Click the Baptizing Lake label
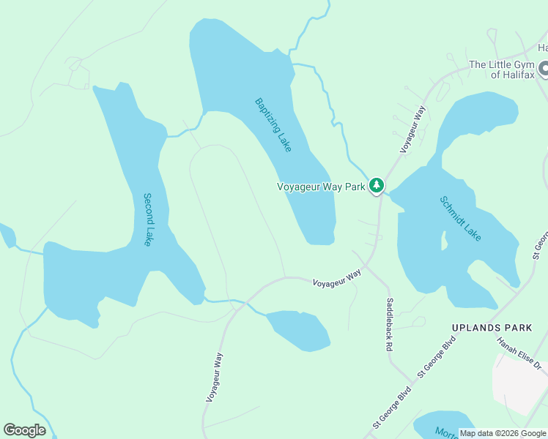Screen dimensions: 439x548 click(x=273, y=125)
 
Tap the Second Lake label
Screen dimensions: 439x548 click(x=148, y=219)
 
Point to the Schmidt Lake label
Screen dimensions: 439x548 click(x=460, y=218)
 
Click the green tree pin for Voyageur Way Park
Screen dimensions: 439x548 click(x=377, y=185)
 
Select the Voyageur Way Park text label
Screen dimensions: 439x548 click(x=321, y=187)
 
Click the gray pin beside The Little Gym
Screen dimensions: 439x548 click(x=544, y=70)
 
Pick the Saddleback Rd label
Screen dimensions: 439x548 click(x=390, y=325)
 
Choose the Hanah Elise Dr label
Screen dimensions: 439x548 click(x=518, y=353)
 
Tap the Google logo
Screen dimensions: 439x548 click(x=24, y=430)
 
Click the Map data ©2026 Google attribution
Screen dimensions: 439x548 click(x=503, y=433)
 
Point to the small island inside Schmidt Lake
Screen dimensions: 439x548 click(x=444, y=241)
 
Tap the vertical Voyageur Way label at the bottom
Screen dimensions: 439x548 click(x=214, y=376)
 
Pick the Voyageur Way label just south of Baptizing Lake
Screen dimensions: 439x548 click(x=337, y=277)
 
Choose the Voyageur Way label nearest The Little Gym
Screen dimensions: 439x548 click(x=412, y=129)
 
